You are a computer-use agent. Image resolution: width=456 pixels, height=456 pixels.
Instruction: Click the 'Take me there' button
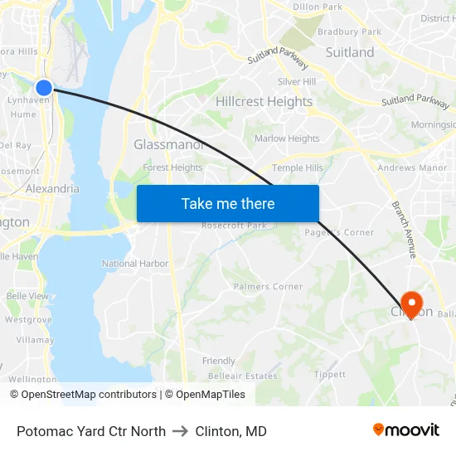227,203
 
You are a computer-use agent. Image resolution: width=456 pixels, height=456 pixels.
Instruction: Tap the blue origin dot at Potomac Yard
44,87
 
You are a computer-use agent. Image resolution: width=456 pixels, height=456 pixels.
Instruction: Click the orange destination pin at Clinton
410,303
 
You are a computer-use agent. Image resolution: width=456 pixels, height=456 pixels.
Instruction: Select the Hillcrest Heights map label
264,102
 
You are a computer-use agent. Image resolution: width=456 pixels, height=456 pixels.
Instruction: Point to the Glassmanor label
169,144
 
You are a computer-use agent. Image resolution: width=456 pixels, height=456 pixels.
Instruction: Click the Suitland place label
349,52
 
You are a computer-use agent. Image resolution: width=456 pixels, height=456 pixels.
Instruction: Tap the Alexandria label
53,188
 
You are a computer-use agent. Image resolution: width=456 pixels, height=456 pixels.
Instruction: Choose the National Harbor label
135,264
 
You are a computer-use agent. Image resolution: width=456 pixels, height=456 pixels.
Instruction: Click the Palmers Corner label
268,287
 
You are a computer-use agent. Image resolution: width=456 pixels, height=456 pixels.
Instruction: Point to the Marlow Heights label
287,138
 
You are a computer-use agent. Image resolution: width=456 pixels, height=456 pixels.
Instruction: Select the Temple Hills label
298,167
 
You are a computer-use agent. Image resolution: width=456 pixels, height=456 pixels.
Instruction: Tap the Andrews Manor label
412,167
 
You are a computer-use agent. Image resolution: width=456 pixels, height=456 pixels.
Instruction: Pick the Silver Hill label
297,82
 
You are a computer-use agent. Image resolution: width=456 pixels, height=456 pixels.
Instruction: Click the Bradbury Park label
349,32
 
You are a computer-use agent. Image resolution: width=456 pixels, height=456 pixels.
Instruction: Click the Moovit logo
406,429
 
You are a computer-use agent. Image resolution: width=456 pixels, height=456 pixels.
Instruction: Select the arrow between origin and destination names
180,431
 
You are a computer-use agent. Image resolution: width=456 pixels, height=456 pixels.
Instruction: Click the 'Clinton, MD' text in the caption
230,431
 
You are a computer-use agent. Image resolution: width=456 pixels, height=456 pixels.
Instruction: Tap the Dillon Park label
318,7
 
